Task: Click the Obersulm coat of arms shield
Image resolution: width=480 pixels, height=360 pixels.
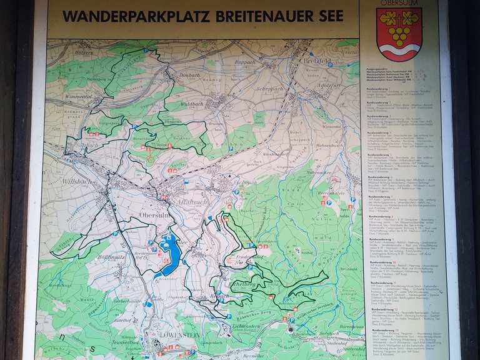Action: (x=399, y=34)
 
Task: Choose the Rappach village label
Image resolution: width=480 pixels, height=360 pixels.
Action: (x=244, y=62)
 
